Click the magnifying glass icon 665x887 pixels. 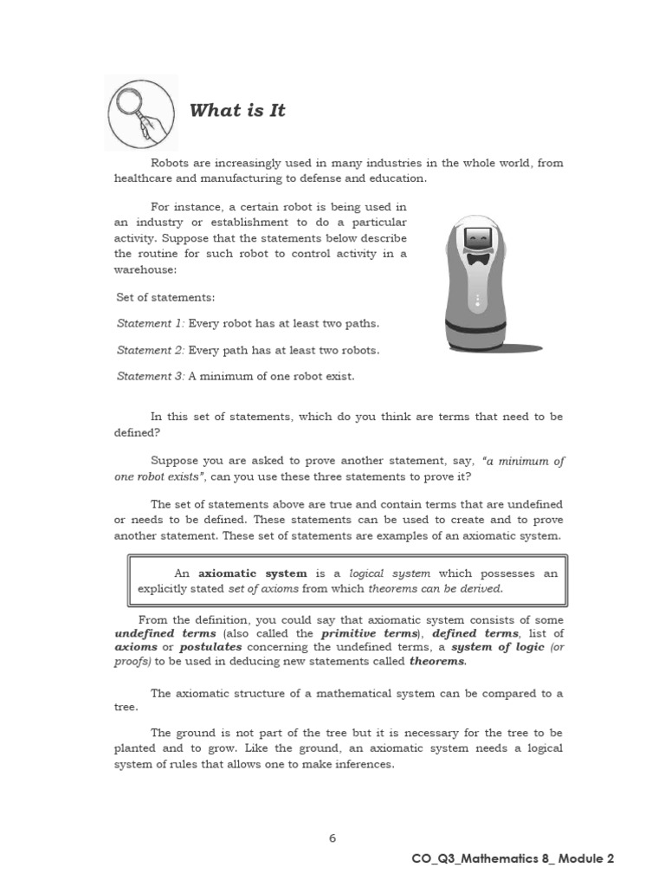pyautogui.click(x=140, y=112)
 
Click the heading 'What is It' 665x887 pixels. pyautogui.click(x=236, y=110)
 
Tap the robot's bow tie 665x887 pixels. pyautogui.click(x=477, y=258)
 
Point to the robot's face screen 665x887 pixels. pyautogui.click(x=477, y=236)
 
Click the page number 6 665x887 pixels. pyautogui.click(x=332, y=838)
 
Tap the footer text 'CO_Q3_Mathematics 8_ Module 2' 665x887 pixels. pyautogui.click(x=513, y=858)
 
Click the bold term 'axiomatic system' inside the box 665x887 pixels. pyautogui.click(x=252, y=573)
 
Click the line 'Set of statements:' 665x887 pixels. pyautogui.click(x=165, y=297)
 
